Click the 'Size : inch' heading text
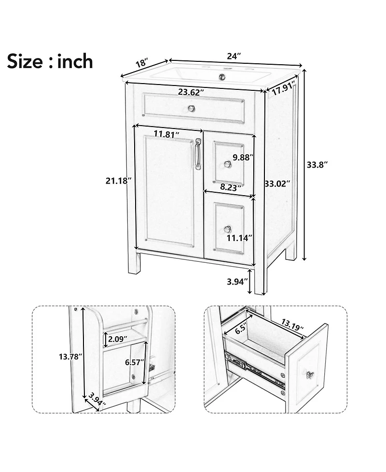(x=50, y=61)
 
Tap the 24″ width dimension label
(x=234, y=56)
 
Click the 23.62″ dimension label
(x=191, y=92)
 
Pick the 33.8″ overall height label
(x=317, y=164)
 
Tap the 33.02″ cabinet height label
(x=277, y=184)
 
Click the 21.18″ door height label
(x=118, y=181)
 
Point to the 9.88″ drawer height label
(x=243, y=157)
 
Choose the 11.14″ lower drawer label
(x=240, y=237)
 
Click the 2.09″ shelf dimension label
(x=117, y=339)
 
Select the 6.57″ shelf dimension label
(x=135, y=362)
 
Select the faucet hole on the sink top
(x=223, y=76)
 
